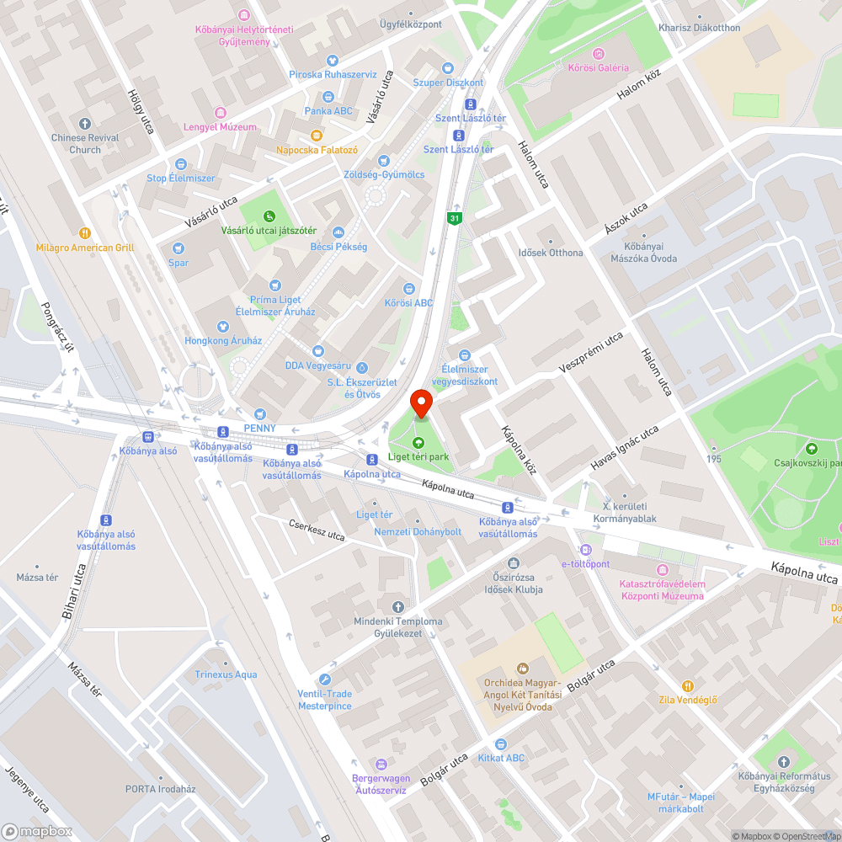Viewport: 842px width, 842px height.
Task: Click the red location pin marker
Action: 420,402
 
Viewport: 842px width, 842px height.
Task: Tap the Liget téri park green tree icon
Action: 418,443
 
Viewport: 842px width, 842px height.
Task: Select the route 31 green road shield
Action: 455,218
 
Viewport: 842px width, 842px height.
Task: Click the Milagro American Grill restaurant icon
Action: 84,233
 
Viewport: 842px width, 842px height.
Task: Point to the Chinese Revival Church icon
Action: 84,124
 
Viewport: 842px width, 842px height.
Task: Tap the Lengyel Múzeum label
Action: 220,127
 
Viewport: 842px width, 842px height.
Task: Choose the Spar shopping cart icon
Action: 178,248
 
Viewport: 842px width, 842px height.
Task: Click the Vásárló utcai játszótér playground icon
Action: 269,216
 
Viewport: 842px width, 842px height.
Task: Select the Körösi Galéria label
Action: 599,67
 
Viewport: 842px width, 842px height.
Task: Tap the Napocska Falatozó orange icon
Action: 317,136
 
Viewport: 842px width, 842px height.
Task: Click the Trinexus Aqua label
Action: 226,674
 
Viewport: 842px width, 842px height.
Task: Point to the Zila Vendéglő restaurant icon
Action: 688,686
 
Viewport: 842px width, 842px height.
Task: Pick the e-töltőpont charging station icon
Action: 586,550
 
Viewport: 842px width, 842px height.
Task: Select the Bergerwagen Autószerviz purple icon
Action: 381,764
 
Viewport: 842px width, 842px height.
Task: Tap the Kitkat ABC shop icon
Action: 501,744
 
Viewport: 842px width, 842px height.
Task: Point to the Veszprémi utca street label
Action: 591,352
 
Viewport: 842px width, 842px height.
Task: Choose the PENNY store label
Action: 259,428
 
